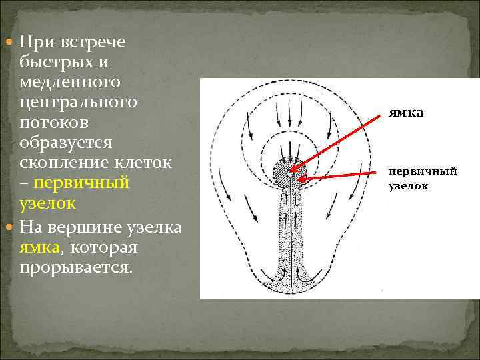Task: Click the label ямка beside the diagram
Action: tap(406, 113)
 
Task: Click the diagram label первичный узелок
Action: tap(423, 178)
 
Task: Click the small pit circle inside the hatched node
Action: tap(291, 172)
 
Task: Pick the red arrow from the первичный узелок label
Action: tap(340, 176)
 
